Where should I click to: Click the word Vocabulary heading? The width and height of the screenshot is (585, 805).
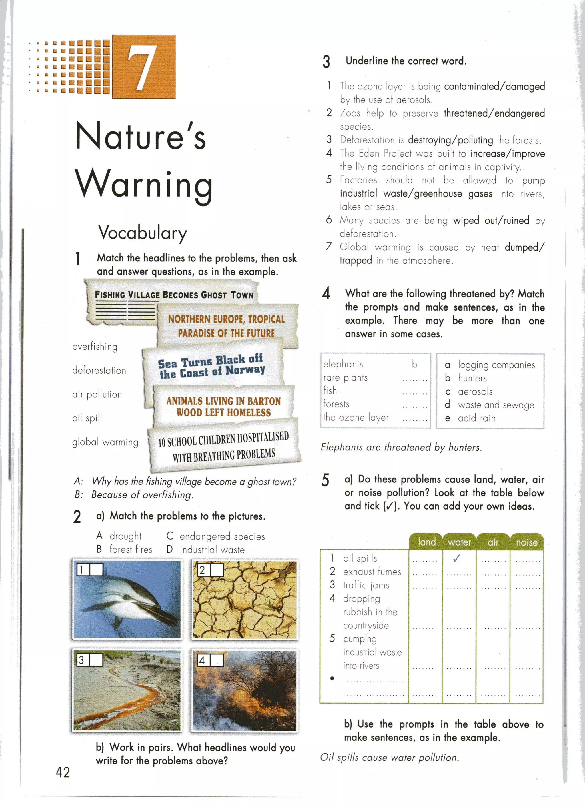coord(142,233)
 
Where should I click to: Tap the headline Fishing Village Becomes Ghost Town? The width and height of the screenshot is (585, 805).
coord(174,295)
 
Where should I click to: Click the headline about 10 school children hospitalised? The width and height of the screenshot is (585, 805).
coord(223,446)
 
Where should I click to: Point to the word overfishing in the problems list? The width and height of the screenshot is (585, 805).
coord(95,347)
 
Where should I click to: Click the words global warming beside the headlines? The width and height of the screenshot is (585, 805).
coord(105,442)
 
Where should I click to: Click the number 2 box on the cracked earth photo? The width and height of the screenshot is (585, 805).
coord(202,570)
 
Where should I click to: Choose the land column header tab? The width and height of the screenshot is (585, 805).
coord(426,542)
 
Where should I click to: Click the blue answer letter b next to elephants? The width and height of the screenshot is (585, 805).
coord(414,364)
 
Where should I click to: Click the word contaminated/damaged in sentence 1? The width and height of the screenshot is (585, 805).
coord(494,86)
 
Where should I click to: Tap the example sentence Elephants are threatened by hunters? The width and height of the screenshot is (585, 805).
coord(401,447)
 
